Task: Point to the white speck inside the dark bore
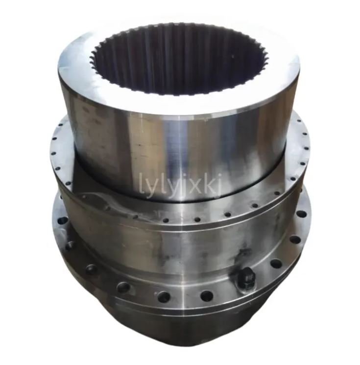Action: (x=232, y=56)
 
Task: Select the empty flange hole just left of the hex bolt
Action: (x=207, y=295)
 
